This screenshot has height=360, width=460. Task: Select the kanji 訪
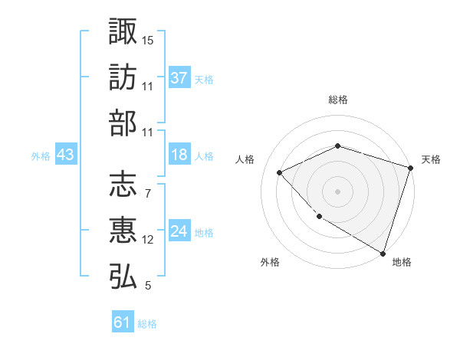(x=123, y=77)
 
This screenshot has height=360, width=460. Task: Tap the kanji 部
(x=123, y=123)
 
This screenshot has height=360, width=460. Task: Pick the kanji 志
(x=123, y=185)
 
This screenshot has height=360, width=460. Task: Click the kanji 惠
(x=123, y=231)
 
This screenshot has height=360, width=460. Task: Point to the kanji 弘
(x=123, y=277)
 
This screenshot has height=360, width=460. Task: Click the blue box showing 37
(x=179, y=78)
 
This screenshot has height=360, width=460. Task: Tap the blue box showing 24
(x=179, y=232)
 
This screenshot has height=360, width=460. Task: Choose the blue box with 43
(x=65, y=155)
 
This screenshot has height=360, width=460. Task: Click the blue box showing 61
(x=123, y=323)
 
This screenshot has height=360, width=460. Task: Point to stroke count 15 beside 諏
(x=148, y=39)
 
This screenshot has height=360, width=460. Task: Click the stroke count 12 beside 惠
(x=148, y=240)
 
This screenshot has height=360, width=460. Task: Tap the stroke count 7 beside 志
(x=147, y=193)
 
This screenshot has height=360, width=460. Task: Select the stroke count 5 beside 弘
(x=147, y=286)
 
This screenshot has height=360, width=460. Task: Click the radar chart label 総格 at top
(x=337, y=100)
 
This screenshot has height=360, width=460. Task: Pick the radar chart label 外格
(x=270, y=262)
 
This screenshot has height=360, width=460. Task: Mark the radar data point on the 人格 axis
(x=280, y=172)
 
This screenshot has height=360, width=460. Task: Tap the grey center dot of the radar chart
(x=337, y=191)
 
